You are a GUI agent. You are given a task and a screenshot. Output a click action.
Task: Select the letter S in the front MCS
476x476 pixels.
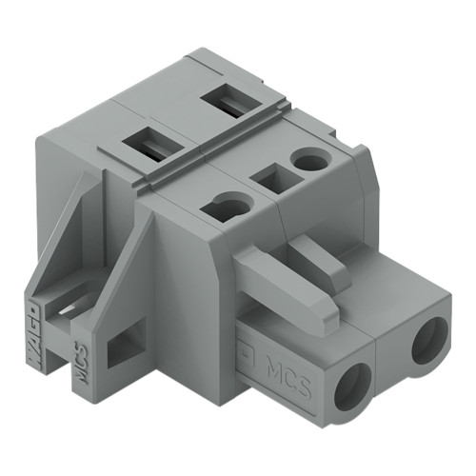coord(303,373)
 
